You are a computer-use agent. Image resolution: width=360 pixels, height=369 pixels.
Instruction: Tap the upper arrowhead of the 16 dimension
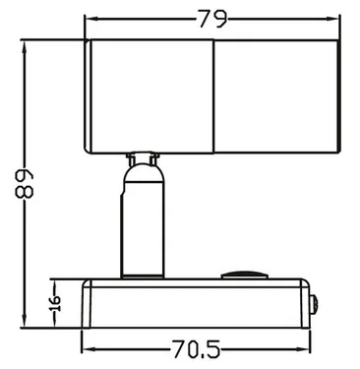[55, 282]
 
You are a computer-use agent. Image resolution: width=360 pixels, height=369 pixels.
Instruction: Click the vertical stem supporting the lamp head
[139, 221]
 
